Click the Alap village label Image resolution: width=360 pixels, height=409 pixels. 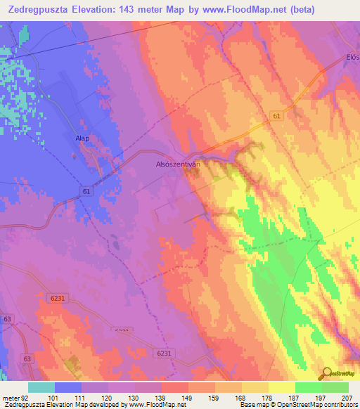[x=82, y=138]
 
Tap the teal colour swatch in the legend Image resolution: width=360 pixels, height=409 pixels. [x=41, y=387]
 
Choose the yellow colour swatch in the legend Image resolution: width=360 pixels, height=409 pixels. [x=281, y=387]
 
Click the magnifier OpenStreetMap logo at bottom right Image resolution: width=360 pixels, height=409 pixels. [x=327, y=373]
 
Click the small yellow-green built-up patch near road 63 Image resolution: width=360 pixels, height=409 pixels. [x=72, y=363]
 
